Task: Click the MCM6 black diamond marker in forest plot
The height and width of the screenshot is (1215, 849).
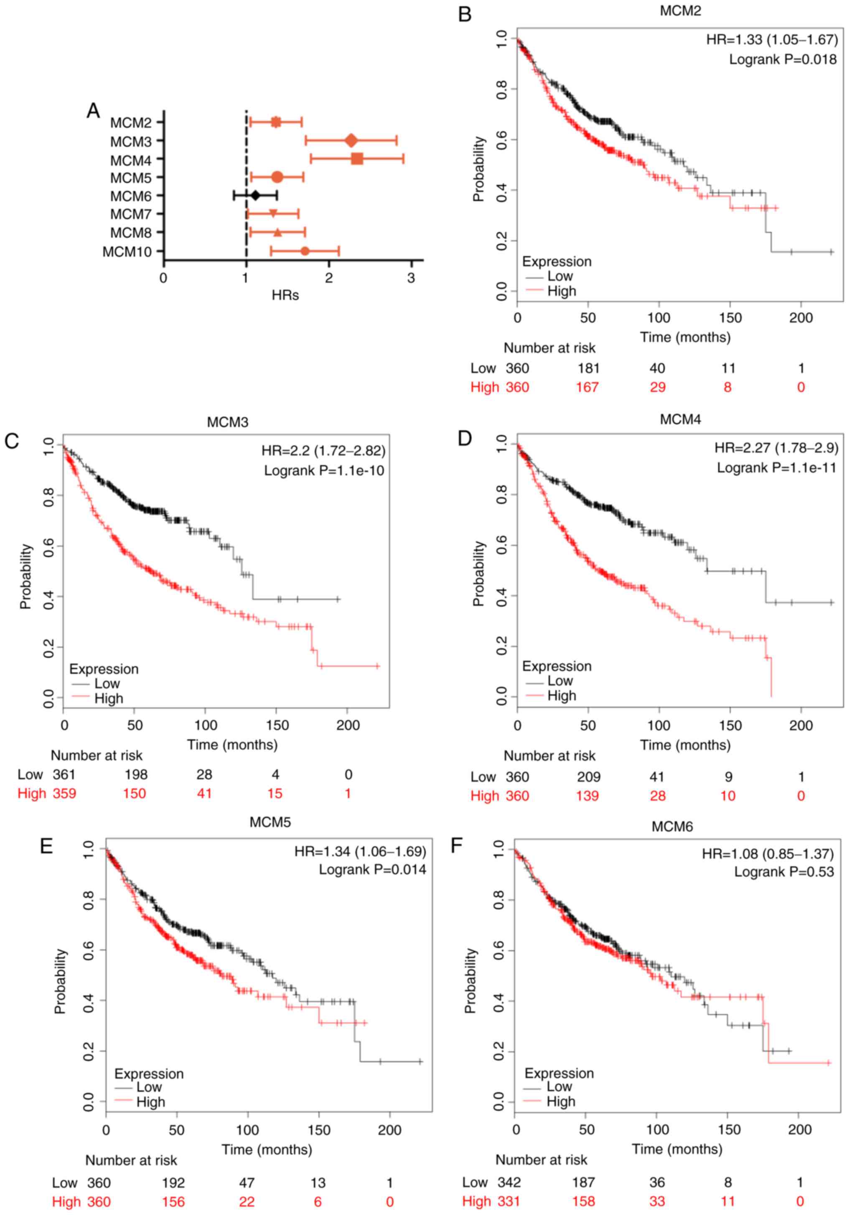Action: (256, 196)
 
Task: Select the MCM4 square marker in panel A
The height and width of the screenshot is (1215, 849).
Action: (357, 158)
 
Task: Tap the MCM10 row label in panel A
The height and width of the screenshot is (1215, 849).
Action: (127, 251)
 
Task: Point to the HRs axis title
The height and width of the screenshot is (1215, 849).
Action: (285, 295)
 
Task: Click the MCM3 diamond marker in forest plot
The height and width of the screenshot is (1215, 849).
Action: (351, 140)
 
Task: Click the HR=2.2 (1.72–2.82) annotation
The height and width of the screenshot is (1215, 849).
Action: (323, 450)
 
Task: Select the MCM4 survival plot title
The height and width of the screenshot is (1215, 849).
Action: (680, 420)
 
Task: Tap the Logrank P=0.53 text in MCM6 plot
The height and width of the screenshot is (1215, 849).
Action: (783, 872)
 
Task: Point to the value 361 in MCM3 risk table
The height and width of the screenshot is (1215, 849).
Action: (64, 775)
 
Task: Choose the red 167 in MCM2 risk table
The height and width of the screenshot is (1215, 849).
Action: (587, 387)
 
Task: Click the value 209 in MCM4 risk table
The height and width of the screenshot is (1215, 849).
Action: (589, 777)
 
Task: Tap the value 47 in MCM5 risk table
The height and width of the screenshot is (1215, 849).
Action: (247, 1183)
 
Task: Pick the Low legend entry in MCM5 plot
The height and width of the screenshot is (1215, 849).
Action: (149, 1087)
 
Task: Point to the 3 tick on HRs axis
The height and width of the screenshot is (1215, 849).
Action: (411, 278)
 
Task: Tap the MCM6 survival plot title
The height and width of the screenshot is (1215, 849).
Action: (672, 827)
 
